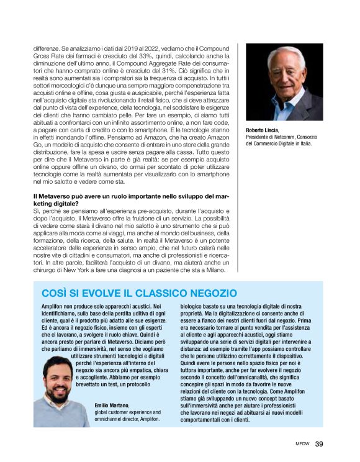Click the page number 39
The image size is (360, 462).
[319, 443]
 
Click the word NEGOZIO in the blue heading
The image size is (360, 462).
[205, 292]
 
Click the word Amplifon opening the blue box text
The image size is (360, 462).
[53, 307]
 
